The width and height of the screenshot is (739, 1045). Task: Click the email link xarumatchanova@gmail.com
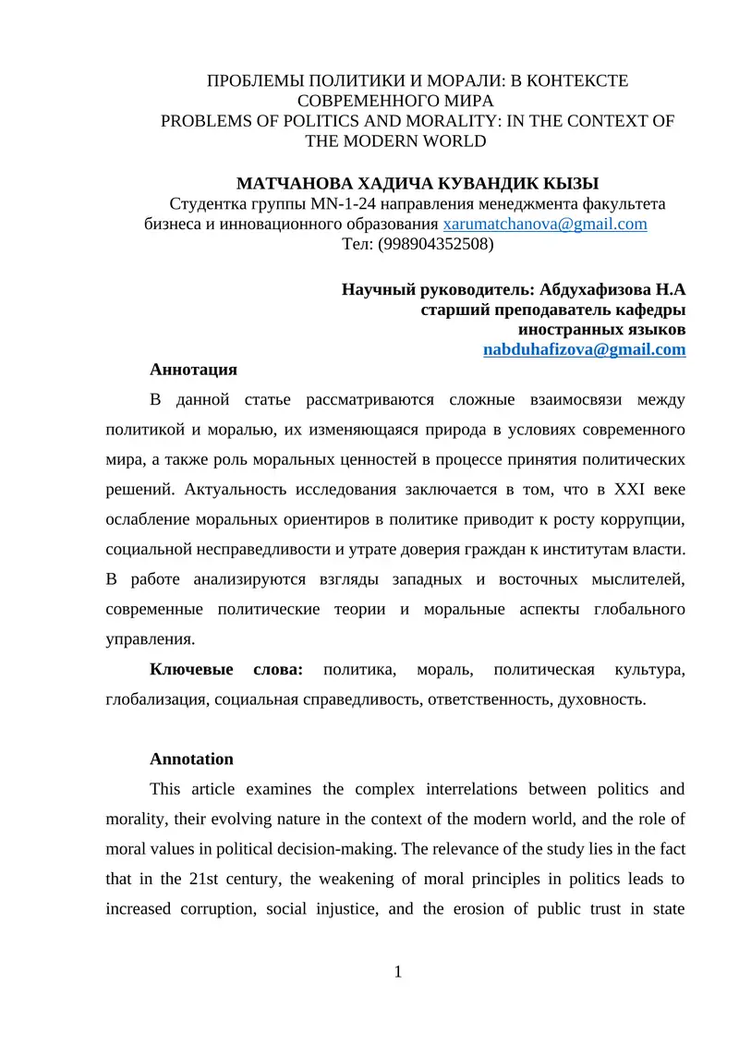point(545,225)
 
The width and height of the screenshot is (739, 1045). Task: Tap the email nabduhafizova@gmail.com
point(585,349)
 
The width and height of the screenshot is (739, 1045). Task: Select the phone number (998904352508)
point(431,245)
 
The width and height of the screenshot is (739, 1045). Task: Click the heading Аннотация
point(193,370)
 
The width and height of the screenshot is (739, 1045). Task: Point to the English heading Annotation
point(191,759)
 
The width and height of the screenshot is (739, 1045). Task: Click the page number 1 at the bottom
point(397,970)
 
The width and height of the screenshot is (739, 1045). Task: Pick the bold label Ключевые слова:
point(226,669)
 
